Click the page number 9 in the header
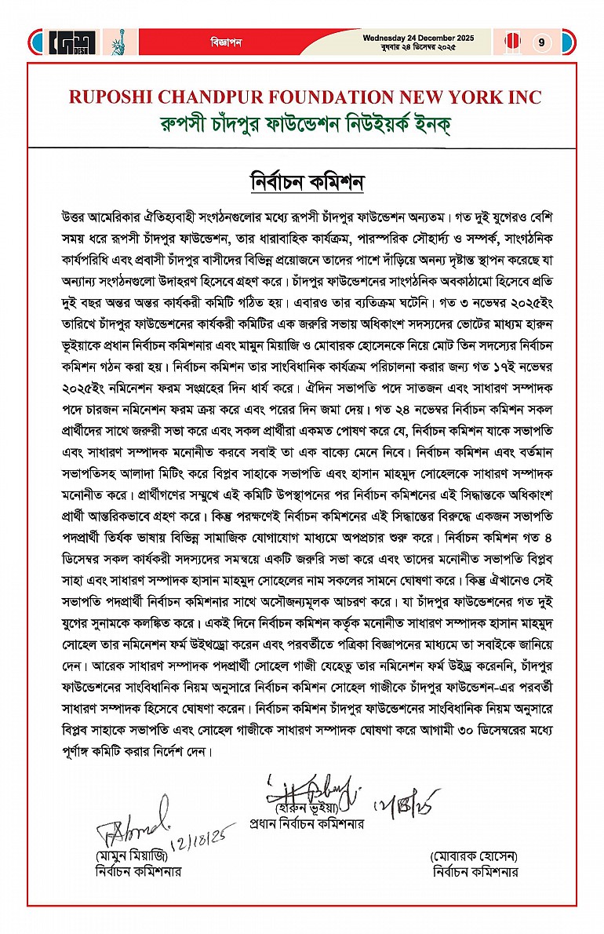(x=541, y=42)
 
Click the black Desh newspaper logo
(x=71, y=42)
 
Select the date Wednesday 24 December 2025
(x=408, y=37)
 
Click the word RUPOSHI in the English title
(x=111, y=97)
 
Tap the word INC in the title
(x=521, y=97)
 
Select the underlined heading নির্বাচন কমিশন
(x=302, y=181)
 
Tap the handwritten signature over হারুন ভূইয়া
(x=310, y=787)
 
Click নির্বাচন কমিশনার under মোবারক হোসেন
(x=475, y=871)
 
